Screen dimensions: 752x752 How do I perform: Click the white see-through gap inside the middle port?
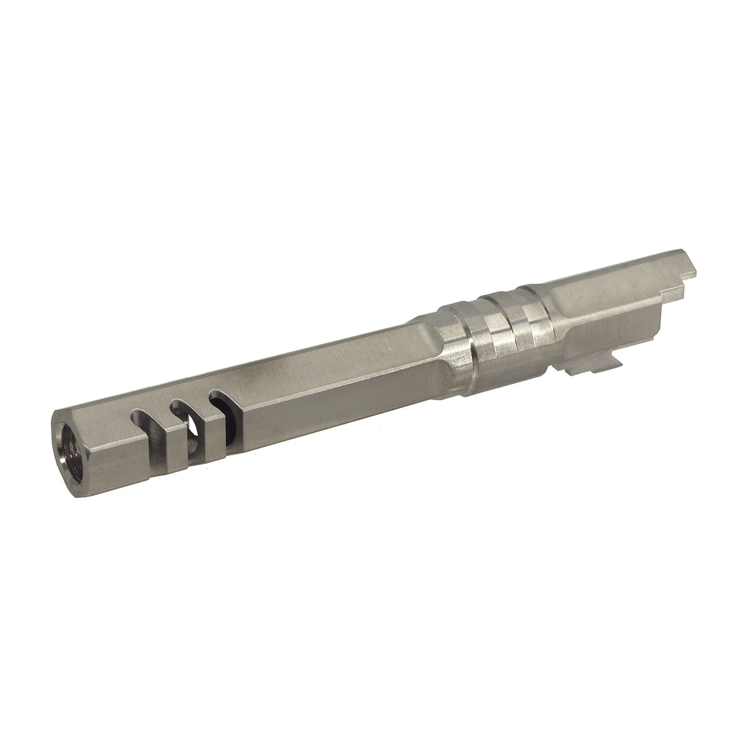(193, 427)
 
